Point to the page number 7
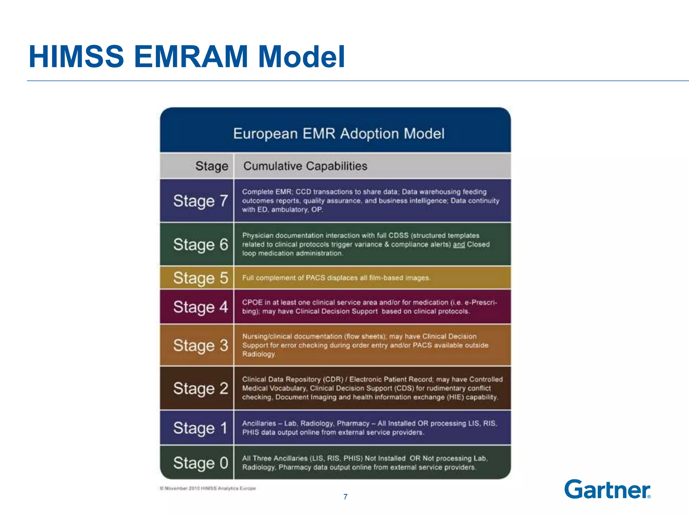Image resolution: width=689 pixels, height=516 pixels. pyautogui.click(x=345, y=497)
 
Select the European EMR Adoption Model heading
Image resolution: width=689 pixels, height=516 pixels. pyautogui.click(x=339, y=134)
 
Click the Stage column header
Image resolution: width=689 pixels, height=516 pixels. pyautogui.click(x=212, y=166)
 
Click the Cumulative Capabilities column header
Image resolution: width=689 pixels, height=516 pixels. pyautogui.click(x=305, y=166)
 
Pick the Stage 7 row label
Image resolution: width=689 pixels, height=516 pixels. pyautogui.click(x=201, y=201)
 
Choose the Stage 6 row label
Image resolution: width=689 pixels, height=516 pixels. pyautogui.click(x=201, y=244)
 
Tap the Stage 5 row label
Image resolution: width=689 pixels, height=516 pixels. pyautogui.click(x=201, y=278)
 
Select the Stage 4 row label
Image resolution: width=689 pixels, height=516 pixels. pyautogui.click(x=201, y=307)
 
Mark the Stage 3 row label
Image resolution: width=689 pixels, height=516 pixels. pyautogui.click(x=201, y=345)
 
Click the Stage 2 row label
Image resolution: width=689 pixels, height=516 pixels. pyautogui.click(x=201, y=388)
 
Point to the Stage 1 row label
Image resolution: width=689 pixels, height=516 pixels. pyautogui.click(x=201, y=428)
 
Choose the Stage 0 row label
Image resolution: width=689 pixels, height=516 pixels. pyautogui.click(x=201, y=463)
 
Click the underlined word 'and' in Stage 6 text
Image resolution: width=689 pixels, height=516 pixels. pyautogui.click(x=459, y=245)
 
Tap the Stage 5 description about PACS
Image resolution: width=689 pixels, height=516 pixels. pyautogui.click(x=336, y=278)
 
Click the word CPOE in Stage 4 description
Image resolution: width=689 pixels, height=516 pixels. pyautogui.click(x=252, y=302)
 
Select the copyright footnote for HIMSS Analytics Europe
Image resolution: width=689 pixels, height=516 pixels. pyautogui.click(x=208, y=488)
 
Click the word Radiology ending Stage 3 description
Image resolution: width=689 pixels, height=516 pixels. pyautogui.click(x=259, y=354)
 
